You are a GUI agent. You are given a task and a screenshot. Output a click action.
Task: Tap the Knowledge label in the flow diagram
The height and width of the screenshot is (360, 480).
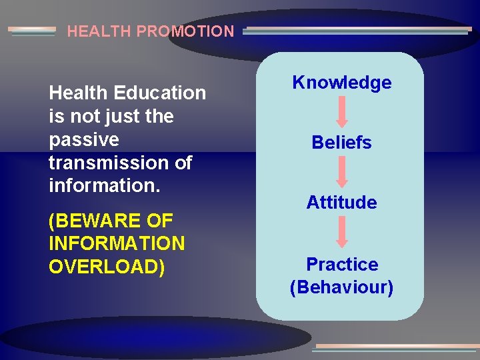coord(342,83)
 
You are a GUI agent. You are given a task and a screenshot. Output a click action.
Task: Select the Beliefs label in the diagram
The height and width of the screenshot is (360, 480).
coord(342,143)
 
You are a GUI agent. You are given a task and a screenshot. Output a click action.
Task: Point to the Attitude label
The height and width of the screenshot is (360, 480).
coord(342,203)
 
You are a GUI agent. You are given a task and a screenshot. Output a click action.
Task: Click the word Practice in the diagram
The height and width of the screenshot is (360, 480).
coord(342,265)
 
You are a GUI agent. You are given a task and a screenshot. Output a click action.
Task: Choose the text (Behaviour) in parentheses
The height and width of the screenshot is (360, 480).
coord(342,287)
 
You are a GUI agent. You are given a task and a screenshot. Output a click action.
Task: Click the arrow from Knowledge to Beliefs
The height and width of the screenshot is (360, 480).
coord(342,112)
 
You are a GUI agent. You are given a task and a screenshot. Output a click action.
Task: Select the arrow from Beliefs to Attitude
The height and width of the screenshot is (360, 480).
coord(342,172)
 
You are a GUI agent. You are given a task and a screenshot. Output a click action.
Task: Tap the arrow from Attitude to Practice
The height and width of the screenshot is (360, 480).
coord(342,233)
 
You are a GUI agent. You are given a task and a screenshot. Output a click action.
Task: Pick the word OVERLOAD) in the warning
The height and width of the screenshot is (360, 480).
coord(107,266)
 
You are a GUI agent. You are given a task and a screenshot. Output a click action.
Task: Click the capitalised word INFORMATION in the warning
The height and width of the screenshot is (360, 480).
coord(117,243)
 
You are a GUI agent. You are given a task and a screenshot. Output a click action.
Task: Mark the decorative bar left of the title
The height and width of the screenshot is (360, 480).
coord(32,31)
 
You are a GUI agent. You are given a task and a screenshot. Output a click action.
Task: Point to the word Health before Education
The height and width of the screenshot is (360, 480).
coord(79,93)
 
